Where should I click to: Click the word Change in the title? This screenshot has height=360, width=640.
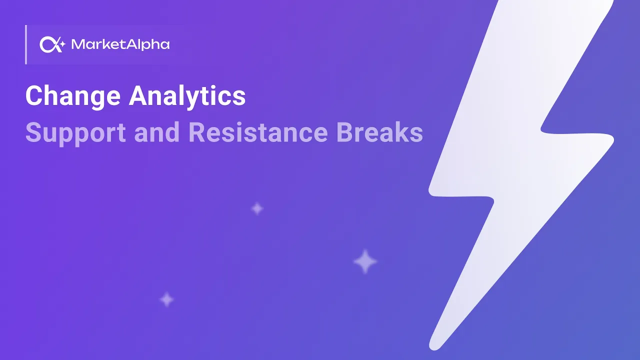pos(73,96)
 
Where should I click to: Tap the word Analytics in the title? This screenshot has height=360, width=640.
pos(187,96)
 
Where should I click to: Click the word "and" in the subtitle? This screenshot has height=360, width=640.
pos(157,133)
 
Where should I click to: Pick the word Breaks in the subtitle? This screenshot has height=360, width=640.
pos(379,133)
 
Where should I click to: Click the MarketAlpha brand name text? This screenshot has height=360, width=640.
pos(120,45)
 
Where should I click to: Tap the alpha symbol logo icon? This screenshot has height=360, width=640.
pos(48,45)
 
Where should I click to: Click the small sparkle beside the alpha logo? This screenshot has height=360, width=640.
pos(62,44)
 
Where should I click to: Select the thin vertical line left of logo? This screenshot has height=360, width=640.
pos(25,45)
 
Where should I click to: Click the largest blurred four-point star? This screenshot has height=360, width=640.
pos(365,261)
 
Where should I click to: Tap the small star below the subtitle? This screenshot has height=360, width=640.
pos(257,208)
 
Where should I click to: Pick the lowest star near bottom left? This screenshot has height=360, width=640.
pos(166,300)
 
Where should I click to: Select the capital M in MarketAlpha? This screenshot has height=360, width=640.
pos(77,45)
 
